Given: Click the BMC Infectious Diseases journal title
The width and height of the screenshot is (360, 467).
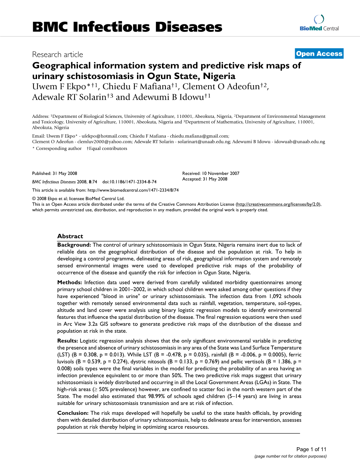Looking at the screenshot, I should click(127, 27).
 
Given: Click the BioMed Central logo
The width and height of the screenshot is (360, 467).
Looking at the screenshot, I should click(319, 23).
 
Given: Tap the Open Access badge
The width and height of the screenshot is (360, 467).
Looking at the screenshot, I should click(319, 54).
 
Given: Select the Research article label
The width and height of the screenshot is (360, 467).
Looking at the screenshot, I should click(58, 54).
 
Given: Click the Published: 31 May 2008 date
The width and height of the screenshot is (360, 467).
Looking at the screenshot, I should click(55, 173).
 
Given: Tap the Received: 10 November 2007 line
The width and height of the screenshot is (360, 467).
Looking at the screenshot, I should click(211, 173).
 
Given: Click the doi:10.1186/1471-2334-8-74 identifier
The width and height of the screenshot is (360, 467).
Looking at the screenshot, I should click(129, 182).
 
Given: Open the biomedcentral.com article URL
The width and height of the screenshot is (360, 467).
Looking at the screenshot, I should click(133, 190).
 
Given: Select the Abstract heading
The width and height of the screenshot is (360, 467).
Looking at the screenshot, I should click(70, 236).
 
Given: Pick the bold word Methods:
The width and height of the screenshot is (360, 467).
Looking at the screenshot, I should click(70, 282).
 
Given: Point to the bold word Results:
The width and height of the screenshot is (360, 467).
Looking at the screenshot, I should click(67, 341).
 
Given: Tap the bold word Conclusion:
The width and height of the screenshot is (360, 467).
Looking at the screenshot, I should click(73, 413).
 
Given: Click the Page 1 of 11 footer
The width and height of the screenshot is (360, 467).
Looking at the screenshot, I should click(311, 449).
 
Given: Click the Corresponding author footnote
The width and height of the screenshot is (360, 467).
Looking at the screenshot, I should click(59, 148).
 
